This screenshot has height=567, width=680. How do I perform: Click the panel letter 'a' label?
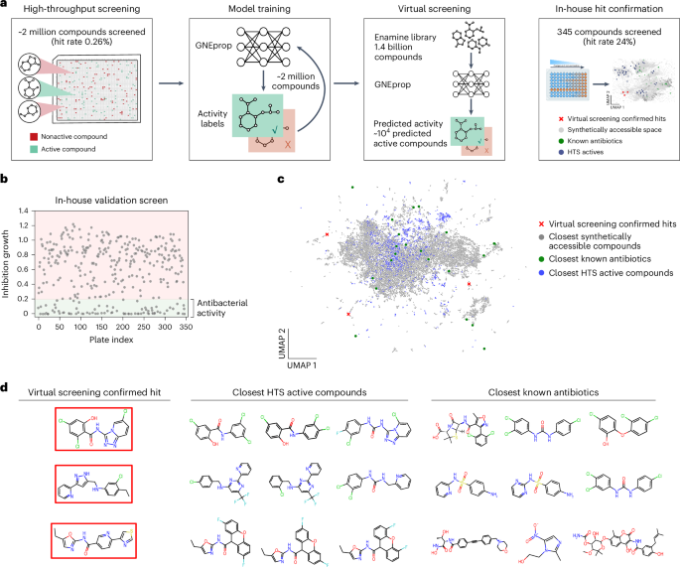tap(5, 7)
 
